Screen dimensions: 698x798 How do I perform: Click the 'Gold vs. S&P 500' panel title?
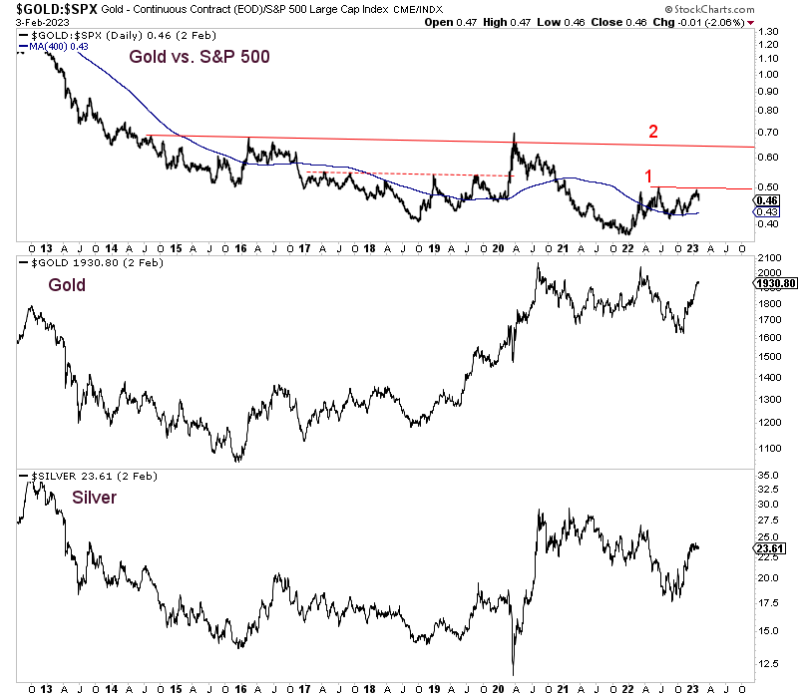pyautogui.click(x=200, y=57)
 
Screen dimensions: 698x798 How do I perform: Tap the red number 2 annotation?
pyautogui.click(x=653, y=131)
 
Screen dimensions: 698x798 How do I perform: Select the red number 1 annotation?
pyautogui.click(x=646, y=174)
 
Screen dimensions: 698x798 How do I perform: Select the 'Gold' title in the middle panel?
pyautogui.click(x=67, y=285)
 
